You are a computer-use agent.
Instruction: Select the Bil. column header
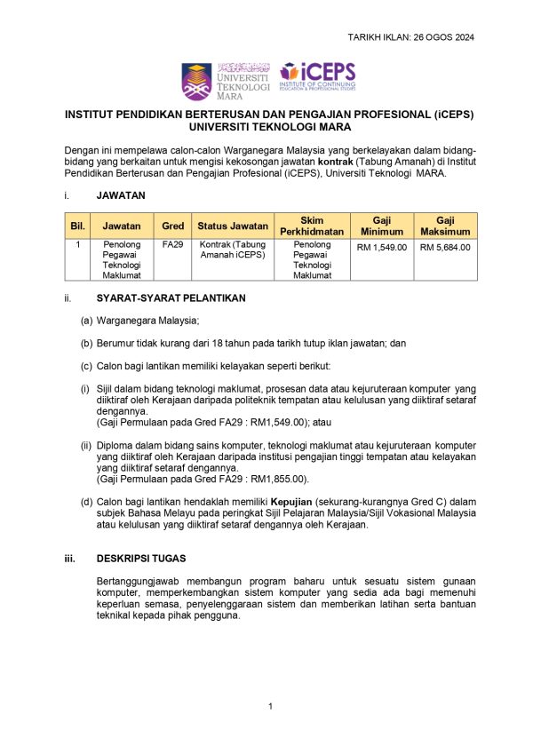point(78,226)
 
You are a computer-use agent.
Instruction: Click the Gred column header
point(171,226)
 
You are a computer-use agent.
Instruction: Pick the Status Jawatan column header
point(233,226)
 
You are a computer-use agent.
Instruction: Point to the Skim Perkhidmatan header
point(312,226)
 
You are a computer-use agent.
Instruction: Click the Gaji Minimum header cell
point(382,226)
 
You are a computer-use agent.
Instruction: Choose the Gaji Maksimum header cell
point(445,226)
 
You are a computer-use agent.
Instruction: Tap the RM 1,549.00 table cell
point(382,247)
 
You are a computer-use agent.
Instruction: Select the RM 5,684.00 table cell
point(445,247)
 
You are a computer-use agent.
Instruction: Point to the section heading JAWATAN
point(121,194)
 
